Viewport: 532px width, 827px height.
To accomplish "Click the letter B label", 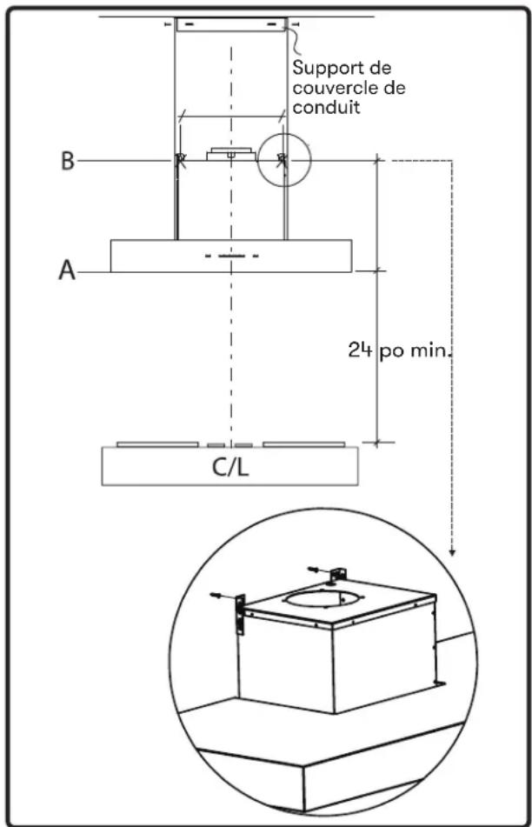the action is pos(68,160).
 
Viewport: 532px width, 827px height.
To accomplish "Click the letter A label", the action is pos(67,271).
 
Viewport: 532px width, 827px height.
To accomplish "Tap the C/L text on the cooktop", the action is pos(229,467).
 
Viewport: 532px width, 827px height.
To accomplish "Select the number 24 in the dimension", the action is pos(360,350).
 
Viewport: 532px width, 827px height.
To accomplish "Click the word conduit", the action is pos(326,107).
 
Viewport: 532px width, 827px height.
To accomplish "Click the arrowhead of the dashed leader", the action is pos(452,551).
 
